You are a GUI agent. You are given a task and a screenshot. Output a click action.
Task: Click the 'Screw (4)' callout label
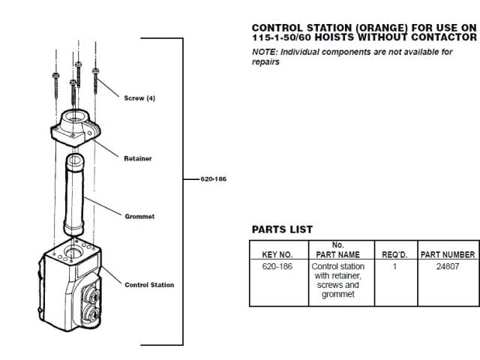[139, 98]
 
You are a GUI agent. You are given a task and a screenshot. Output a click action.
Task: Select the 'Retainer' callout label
[138, 158]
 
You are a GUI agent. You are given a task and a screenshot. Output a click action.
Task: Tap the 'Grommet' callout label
[139, 217]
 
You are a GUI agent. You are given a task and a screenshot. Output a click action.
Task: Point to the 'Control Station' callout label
[149, 285]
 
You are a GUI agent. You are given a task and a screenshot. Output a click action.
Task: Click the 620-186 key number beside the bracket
[214, 180]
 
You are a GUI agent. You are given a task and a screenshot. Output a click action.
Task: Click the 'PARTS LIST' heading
[282, 229]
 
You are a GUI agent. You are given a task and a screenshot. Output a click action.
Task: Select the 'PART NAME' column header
[337, 255]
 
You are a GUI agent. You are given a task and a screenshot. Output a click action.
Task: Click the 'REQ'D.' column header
[394, 255]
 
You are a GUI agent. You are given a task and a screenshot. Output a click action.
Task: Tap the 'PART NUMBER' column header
[447, 255]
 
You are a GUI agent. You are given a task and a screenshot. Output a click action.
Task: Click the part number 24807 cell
[447, 266]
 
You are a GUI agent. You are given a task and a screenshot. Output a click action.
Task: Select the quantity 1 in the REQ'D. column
[394, 266]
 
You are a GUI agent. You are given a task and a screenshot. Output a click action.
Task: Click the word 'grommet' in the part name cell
[337, 294]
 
